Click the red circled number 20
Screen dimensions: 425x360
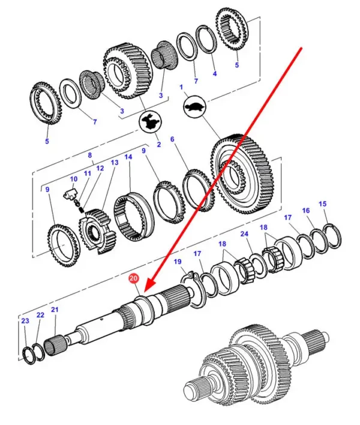[x=133, y=279]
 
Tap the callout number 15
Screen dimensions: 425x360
[x=323, y=204]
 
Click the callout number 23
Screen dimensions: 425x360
[x=25, y=321]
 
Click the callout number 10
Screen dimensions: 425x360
[x=74, y=179]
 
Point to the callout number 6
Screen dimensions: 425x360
[x=172, y=140]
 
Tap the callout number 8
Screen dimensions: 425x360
[x=90, y=155]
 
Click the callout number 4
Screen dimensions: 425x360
[x=215, y=74]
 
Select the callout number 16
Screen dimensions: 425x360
[x=306, y=211]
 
